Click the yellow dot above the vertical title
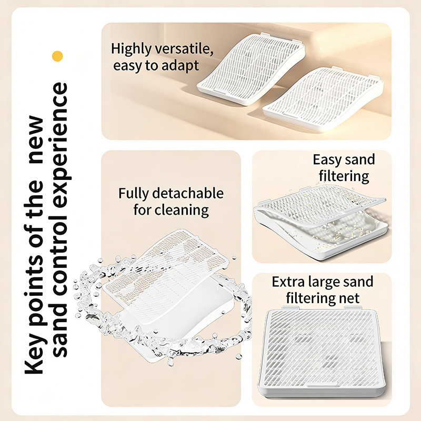click(57, 56)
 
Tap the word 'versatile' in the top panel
click(185, 48)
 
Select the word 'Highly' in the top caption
click(131, 49)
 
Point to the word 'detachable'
click(188, 193)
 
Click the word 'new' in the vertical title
click(36, 139)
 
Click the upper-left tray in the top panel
click(251, 69)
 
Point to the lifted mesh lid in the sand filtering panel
click(319, 205)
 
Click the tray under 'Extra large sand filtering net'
click(322, 352)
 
